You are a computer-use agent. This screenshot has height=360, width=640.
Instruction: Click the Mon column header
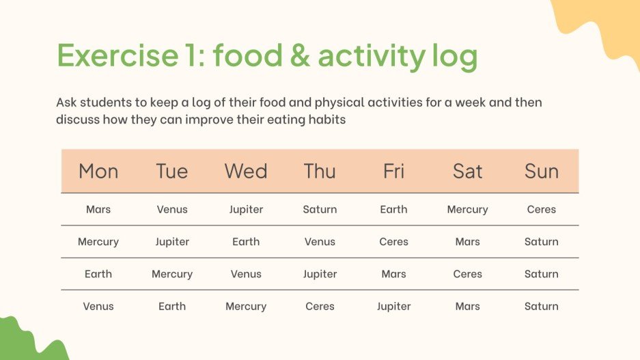(98, 171)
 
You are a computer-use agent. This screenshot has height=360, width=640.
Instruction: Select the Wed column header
(246, 171)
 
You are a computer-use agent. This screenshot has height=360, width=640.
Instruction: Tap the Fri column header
(393, 171)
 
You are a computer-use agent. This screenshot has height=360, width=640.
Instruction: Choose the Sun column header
(541, 171)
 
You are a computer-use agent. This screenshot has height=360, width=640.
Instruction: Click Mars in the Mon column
(98, 210)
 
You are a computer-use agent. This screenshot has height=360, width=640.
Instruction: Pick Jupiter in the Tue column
(172, 242)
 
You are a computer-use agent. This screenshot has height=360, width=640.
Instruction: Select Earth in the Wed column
(246, 242)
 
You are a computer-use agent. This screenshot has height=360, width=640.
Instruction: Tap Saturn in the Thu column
(320, 210)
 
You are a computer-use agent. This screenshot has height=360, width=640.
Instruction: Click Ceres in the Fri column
(393, 242)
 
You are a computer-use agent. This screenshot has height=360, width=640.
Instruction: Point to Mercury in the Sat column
(467, 210)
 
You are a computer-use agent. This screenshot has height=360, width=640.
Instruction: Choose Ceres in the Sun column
(541, 210)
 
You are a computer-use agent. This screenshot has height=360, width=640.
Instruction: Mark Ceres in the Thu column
(320, 307)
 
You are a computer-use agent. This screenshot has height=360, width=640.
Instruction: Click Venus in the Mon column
(98, 307)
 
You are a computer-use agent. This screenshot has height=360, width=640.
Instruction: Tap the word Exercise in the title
(115, 55)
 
